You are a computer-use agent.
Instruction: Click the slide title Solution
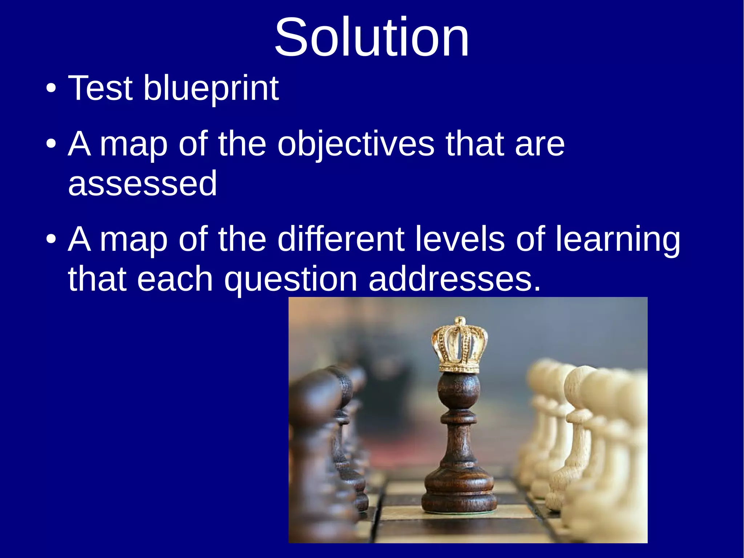(x=372, y=37)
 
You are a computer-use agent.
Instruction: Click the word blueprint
(x=211, y=88)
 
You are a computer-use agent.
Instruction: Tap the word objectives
(x=356, y=144)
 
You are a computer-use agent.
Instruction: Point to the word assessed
(x=142, y=184)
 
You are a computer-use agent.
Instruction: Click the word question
(x=291, y=279)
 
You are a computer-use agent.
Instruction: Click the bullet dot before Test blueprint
(x=51, y=88)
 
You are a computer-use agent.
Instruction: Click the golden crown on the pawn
(x=460, y=347)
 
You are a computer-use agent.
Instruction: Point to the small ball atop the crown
(x=460, y=321)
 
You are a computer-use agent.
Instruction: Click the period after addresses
(x=537, y=289)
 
